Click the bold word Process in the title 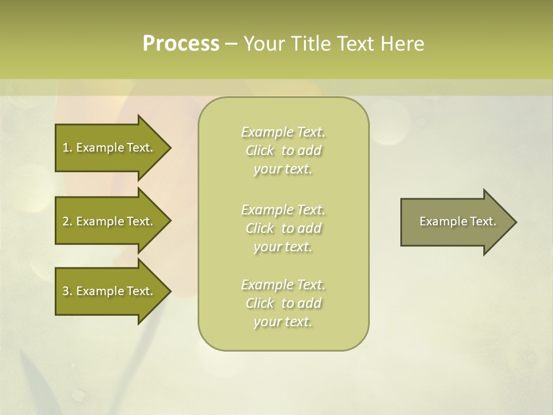[x=181, y=44]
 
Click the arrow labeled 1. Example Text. [x=109, y=148]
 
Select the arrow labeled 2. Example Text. [x=109, y=221]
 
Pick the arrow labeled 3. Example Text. [x=109, y=291]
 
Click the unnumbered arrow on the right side [x=455, y=221]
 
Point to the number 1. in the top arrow [x=67, y=148]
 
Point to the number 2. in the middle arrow [x=67, y=221]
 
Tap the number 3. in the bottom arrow [x=67, y=291]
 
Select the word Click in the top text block [x=260, y=150]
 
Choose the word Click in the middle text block [x=260, y=228]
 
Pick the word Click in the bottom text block [x=260, y=303]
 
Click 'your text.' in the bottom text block [x=283, y=322]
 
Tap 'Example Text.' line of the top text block [x=283, y=132]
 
